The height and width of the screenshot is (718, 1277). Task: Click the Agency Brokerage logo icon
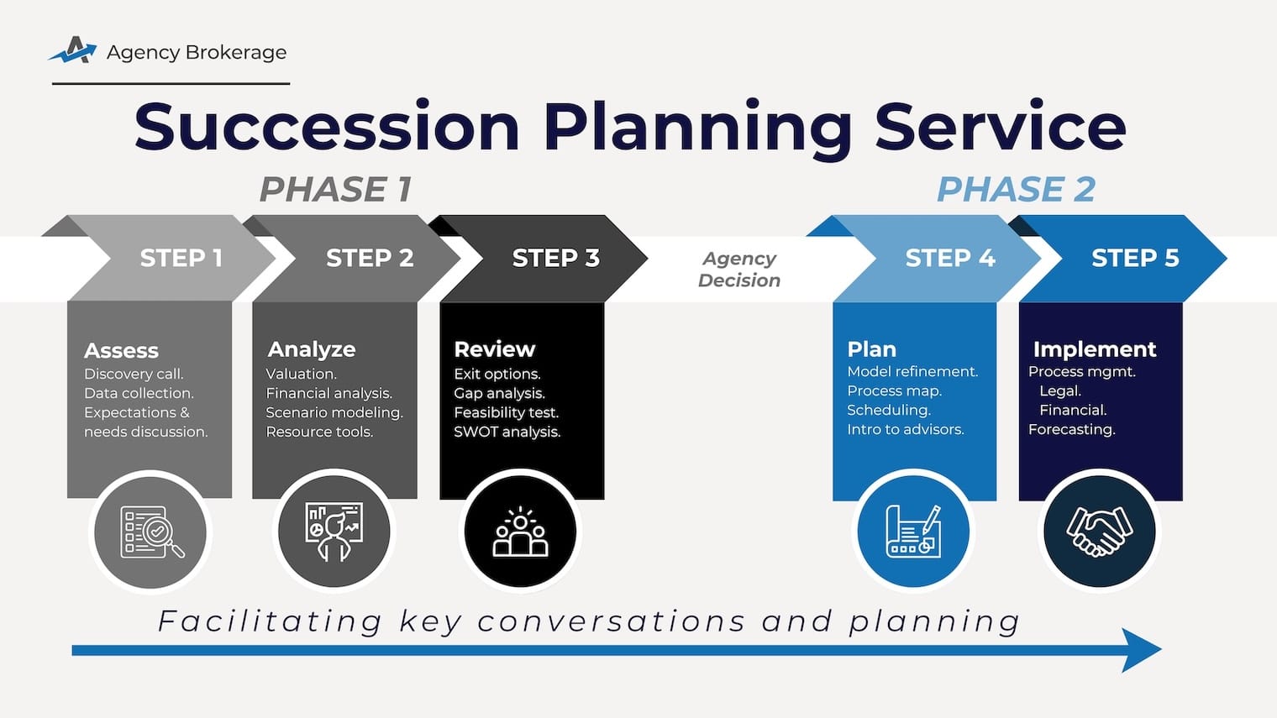click(73, 51)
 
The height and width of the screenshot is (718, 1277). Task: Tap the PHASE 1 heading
click(335, 190)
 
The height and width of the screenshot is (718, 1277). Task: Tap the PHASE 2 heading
click(1016, 190)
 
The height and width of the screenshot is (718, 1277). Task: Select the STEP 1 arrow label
click(181, 258)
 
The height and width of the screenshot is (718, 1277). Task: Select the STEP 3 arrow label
click(555, 258)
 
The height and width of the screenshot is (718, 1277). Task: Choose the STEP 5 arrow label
click(1134, 258)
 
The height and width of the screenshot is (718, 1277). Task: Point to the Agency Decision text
click(738, 270)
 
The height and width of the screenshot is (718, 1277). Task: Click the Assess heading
click(121, 350)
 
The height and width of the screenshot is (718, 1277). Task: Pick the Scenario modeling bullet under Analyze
click(334, 412)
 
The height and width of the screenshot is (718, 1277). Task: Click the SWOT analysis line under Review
click(507, 432)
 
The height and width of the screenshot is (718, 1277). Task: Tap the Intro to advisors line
click(905, 429)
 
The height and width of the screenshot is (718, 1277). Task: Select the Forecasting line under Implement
click(1071, 429)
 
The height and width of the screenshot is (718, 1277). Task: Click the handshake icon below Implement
click(1099, 532)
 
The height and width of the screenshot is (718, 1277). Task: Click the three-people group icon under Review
click(520, 532)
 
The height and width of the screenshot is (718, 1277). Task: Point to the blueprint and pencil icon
click(913, 532)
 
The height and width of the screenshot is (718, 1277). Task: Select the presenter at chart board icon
click(334, 532)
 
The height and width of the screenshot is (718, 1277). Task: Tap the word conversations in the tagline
click(611, 621)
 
